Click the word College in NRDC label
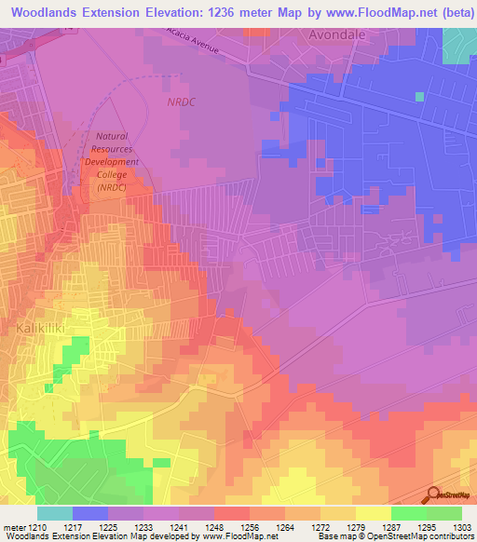coord(114,174)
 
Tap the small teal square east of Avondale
coord(419,96)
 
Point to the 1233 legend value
coord(143,528)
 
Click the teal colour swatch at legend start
coord(55,513)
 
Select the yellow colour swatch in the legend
coord(374,513)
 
